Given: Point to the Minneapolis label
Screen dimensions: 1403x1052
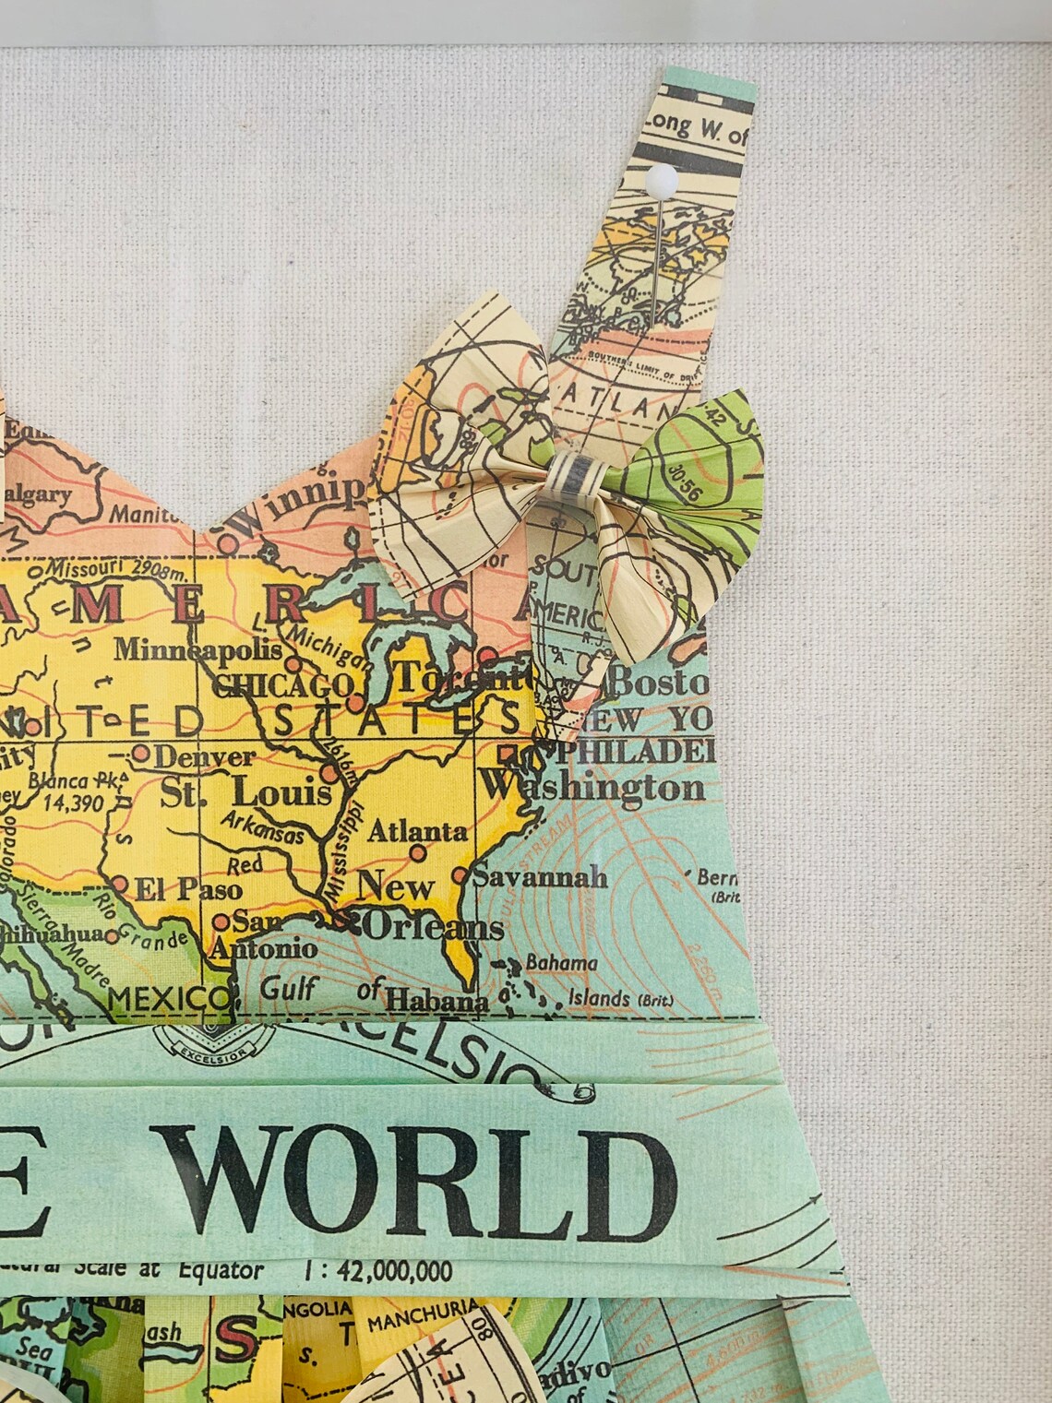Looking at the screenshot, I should [197, 649].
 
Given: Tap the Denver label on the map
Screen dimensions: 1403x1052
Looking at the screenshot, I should [203, 757].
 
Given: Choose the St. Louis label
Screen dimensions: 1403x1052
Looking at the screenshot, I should [245, 792].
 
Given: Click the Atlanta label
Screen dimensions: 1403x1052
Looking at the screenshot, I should [417, 831].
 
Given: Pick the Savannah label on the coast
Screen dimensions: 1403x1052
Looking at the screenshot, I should [540, 875].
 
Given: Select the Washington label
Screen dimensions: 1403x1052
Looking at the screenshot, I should [592, 787].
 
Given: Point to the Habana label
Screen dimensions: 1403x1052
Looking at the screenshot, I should [436, 1000].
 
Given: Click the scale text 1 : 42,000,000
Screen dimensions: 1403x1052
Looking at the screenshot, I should [377, 1272].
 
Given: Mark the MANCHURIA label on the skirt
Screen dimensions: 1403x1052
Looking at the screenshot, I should [424, 1320].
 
